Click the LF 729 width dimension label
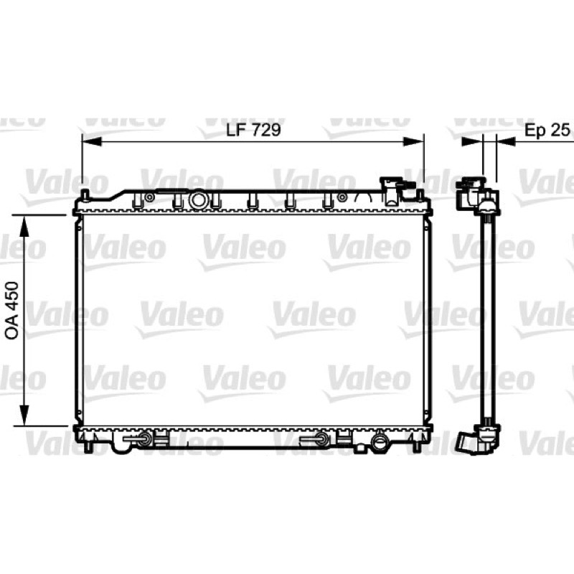253,130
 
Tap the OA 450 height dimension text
11,311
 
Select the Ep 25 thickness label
547,130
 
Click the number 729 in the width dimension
265,130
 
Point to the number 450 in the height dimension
11,296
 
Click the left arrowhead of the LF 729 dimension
92,141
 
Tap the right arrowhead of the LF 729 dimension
413,141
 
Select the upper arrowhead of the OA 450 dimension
24,226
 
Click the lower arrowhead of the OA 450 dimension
24,415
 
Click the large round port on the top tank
199,200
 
